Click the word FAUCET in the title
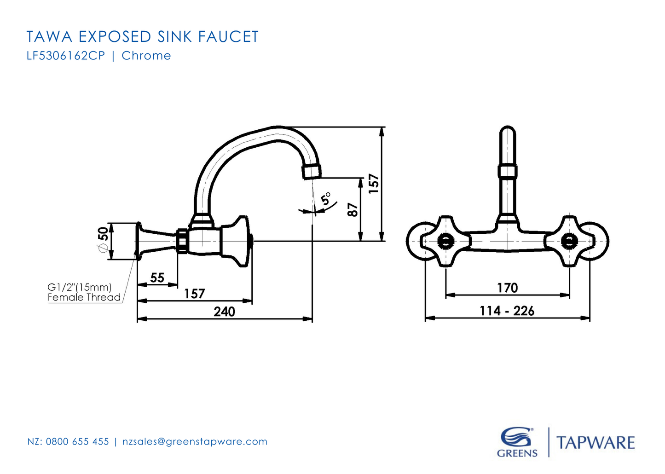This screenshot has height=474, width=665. tap(228, 37)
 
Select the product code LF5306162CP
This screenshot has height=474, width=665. tap(66, 56)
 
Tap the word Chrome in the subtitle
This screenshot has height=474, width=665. tap(146, 56)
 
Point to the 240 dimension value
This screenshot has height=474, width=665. tap(224, 312)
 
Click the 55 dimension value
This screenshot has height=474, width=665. tap(157, 277)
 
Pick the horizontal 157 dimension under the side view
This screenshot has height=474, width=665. tap(194, 294)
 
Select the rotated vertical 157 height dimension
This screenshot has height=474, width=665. tap(374, 183)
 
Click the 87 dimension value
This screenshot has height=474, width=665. tap(353, 210)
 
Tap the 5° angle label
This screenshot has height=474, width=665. tap(326, 199)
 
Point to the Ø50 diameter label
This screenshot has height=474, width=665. tap(103, 239)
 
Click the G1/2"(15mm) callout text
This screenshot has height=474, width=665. tap(80, 287)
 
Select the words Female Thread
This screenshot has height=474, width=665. tap(84, 297)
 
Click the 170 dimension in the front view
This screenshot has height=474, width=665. tap(507, 288)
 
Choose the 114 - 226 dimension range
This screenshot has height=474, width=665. tap(507, 311)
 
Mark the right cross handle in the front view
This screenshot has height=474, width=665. tap(570, 241)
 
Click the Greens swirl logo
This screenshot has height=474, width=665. tap(516, 438)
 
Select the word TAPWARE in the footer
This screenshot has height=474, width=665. tap(596, 443)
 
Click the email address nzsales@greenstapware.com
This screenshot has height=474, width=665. tap(195, 442)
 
